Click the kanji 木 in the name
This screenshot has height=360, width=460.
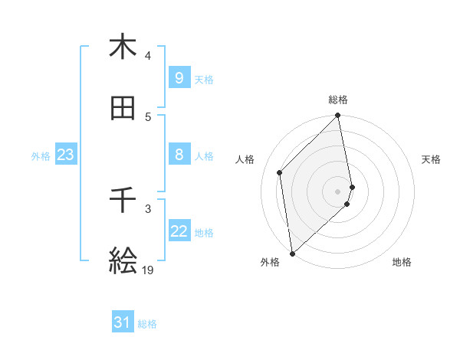pos(123,47)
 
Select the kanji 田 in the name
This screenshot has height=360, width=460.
pos(123,110)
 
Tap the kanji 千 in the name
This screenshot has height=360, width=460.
pos(123,201)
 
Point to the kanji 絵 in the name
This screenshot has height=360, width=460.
pos(123,260)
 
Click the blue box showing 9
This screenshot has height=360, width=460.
pos(179,77)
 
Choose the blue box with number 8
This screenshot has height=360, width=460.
pos(179,155)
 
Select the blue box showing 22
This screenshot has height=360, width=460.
pos(179,231)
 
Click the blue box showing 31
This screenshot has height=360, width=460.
pos(123,322)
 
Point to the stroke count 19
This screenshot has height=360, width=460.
pos(147,270)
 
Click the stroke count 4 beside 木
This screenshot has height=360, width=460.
pos(148,56)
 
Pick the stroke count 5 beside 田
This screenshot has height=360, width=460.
pos(148,117)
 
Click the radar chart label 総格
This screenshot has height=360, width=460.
pos(338,100)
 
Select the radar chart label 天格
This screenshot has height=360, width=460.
pos(431,159)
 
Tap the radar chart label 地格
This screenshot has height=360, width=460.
pos(402,262)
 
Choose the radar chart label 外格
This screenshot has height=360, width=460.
pos(270,262)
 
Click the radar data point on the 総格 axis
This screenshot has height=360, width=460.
pos(338,116)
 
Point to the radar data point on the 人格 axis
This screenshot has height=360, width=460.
pos(280,172)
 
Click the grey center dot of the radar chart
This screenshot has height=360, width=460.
pos(338,191)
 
